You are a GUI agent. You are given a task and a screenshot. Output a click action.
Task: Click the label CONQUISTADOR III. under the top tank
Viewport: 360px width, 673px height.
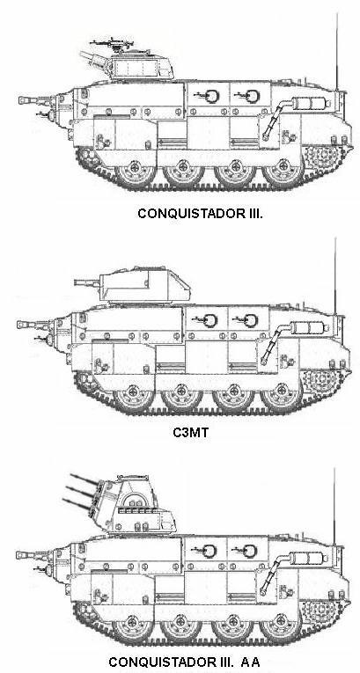200,213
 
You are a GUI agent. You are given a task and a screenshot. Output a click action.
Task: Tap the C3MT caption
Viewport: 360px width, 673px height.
190,432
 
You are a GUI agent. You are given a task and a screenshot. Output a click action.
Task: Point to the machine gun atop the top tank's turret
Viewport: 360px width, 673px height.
113,43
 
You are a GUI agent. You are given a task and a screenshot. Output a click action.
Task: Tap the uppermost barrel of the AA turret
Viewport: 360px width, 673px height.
84,479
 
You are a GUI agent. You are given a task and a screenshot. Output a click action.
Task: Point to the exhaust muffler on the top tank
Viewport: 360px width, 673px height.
310,104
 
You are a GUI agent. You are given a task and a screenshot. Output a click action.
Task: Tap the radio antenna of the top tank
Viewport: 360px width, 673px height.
337,52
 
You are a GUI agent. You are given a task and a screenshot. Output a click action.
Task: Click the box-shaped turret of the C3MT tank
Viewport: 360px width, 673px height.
144,284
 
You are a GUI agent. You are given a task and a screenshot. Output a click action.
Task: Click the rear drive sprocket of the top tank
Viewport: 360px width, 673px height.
324,155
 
